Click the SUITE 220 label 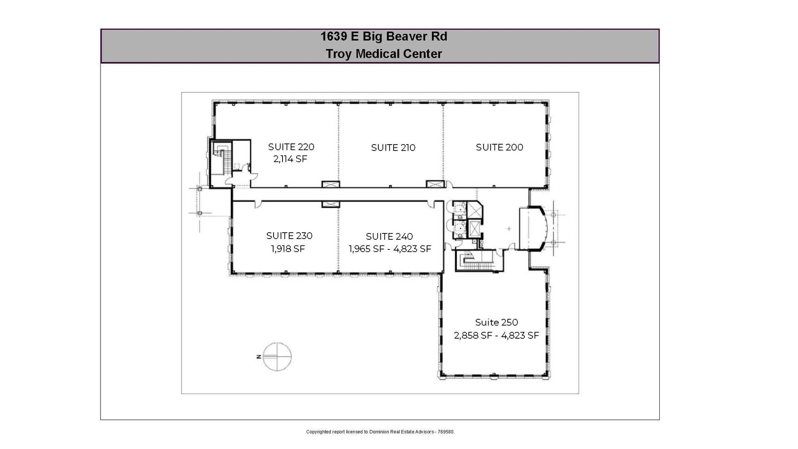click(291, 147)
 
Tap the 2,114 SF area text click(290, 159)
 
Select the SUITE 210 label click(393, 148)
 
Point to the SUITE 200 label click(499, 147)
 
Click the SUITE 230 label click(289, 236)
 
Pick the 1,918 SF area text click(288, 249)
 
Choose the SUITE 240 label click(389, 237)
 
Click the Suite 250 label click(496, 322)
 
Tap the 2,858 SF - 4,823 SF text click(496, 335)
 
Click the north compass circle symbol click(277, 357)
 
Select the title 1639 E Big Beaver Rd click(383, 37)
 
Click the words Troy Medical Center click(383, 54)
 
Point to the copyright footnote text click(380, 432)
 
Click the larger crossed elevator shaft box click(474, 211)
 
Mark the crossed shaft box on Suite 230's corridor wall click(330, 204)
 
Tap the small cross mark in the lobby click(508, 229)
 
